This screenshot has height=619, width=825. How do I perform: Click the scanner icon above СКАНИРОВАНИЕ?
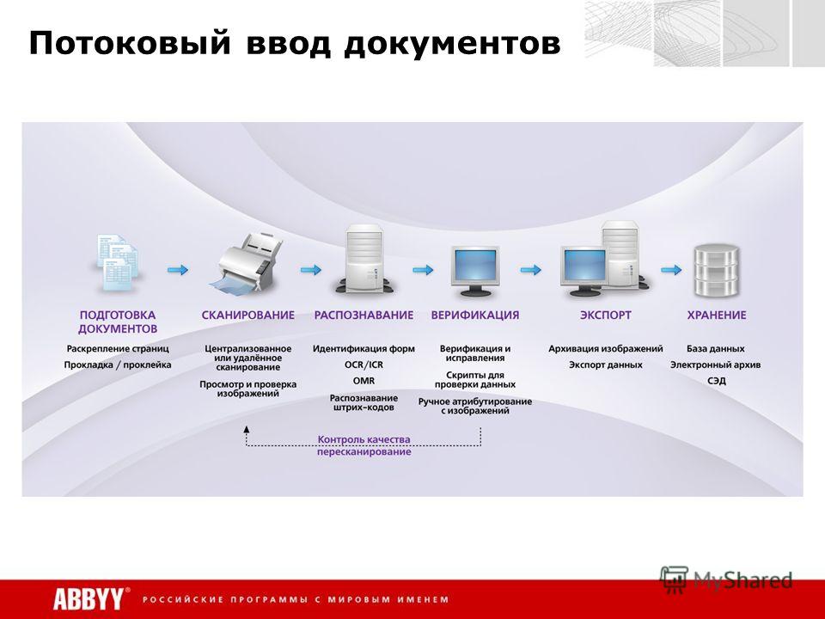[x=247, y=262]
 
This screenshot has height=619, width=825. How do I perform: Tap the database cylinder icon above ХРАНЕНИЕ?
[x=716, y=269]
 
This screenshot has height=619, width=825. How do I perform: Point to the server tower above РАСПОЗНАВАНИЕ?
[x=364, y=259]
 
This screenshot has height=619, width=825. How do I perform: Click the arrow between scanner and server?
[x=311, y=269]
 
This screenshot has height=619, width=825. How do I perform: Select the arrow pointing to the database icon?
[x=671, y=269]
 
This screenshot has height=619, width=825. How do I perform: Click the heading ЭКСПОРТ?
[x=605, y=315]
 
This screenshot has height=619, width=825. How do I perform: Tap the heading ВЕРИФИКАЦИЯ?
[x=474, y=315]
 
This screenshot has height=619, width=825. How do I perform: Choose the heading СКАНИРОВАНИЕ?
[x=247, y=315]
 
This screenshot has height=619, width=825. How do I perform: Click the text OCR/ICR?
[x=364, y=365]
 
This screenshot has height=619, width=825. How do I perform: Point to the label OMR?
[x=364, y=381]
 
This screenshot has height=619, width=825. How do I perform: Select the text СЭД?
[x=716, y=381]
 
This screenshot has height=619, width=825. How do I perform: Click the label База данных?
[x=716, y=348]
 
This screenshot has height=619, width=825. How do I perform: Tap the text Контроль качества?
[x=364, y=439]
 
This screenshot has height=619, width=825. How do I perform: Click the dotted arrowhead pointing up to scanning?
[x=247, y=429]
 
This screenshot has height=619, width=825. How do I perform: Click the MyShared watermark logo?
[x=726, y=579]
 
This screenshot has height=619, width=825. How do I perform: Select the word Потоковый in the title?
[x=130, y=44]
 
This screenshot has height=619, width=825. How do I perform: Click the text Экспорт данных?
[x=606, y=365]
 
